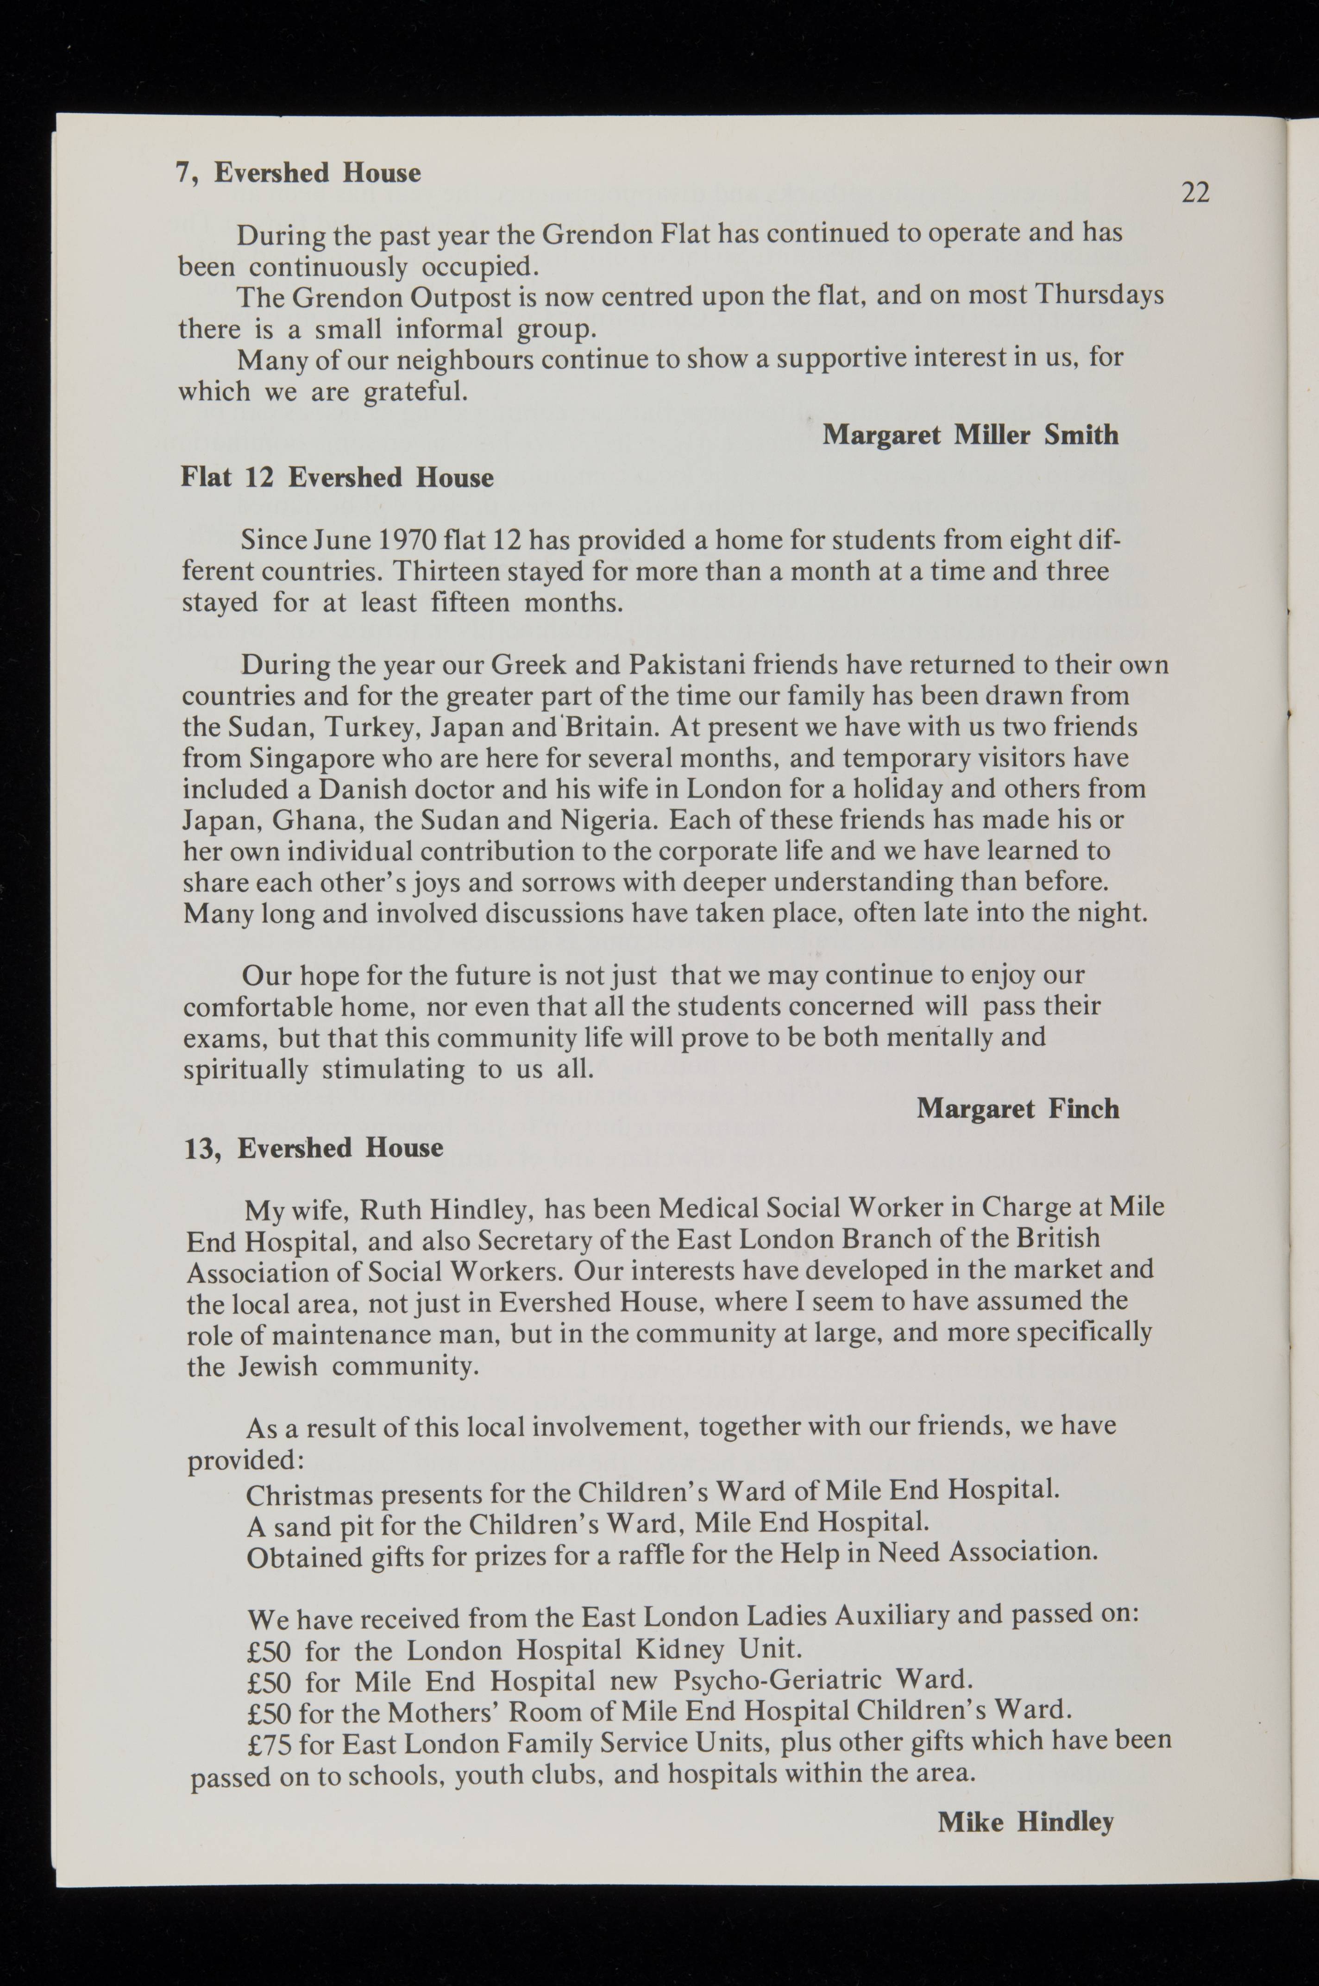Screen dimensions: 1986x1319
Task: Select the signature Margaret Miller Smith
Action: click(x=970, y=435)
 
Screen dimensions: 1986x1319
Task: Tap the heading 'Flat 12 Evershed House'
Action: click(x=337, y=478)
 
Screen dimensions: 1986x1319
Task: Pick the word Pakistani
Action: click(x=686, y=666)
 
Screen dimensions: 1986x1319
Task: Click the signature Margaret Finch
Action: click(x=1017, y=1109)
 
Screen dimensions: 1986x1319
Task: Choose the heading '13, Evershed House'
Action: click(x=314, y=1148)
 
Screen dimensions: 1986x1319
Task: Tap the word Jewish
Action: click(x=277, y=1366)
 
